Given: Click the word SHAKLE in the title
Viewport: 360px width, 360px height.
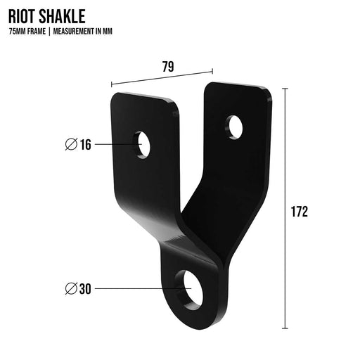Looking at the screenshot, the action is pyautogui.click(x=62, y=16).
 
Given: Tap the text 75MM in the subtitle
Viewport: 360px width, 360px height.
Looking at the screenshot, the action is pyautogui.click(x=18, y=32).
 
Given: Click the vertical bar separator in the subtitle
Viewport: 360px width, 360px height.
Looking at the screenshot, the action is pyautogui.click(x=49, y=32).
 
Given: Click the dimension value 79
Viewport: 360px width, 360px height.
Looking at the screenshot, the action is pyautogui.click(x=168, y=67).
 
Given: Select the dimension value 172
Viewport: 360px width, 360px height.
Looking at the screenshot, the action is pyautogui.click(x=300, y=212).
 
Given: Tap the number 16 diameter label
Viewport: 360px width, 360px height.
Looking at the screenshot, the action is pyautogui.click(x=86, y=144).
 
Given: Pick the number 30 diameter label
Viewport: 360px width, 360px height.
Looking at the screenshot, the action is pyautogui.click(x=85, y=289).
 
